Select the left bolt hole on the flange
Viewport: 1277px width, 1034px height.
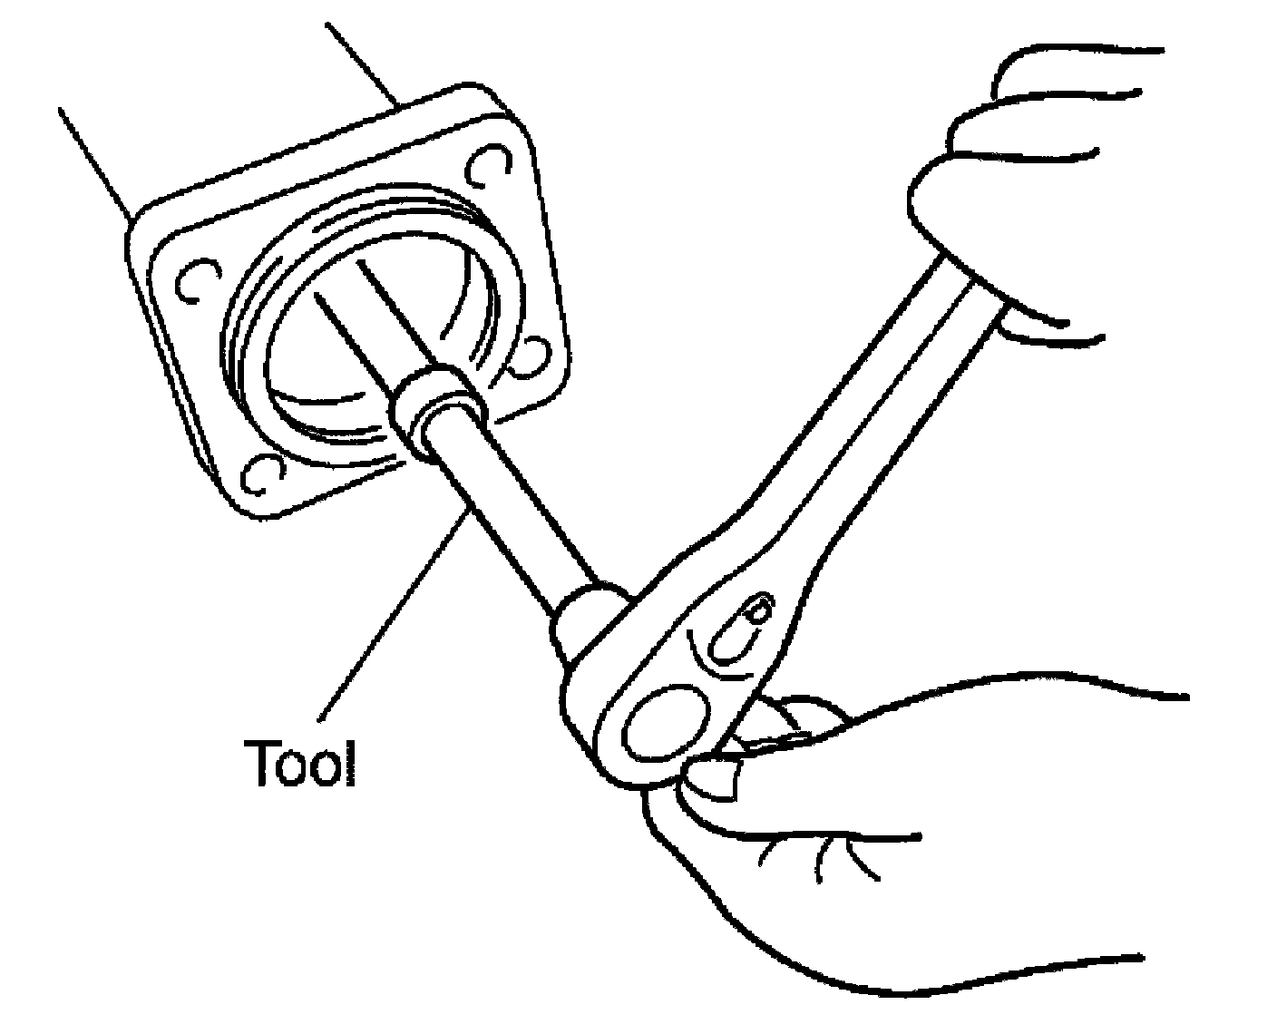(196, 282)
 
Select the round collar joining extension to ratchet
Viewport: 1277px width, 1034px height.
(590, 617)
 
